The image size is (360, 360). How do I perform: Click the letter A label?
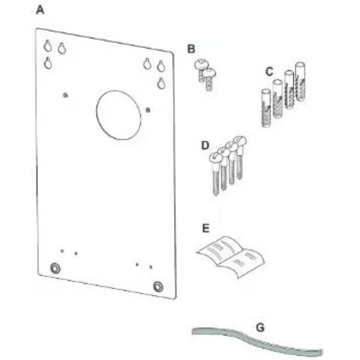pos(40,10)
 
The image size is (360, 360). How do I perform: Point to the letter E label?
pos(206,228)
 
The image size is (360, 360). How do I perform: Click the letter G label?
pos(260,328)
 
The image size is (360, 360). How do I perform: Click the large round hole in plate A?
pos(119,112)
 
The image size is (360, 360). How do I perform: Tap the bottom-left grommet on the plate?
pos(55,268)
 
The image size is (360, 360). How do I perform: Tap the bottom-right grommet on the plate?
pos(158,286)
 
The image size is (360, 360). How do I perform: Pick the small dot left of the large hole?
pos(65,94)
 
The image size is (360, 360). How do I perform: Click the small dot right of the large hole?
pos(148,109)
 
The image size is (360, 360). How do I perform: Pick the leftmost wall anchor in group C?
pos(266,108)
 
